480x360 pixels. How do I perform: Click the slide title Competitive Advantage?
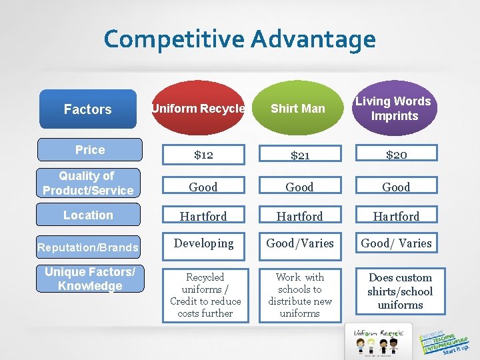(x=239, y=39)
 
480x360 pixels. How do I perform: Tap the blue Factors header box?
(x=87, y=109)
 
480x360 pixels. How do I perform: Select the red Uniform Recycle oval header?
(x=198, y=109)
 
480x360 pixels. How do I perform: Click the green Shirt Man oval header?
(x=298, y=109)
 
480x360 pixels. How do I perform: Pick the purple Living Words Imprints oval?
(x=393, y=109)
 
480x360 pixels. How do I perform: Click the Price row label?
(x=90, y=150)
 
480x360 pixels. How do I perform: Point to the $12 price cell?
(x=203, y=155)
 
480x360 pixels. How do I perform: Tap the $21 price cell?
(x=299, y=155)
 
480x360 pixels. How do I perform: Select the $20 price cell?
(x=396, y=155)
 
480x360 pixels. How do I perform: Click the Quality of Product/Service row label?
(x=88, y=183)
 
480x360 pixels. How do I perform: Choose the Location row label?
(x=88, y=215)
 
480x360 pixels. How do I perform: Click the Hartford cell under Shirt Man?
(x=299, y=216)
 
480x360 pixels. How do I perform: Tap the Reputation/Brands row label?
(x=88, y=247)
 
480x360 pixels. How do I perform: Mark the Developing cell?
(x=203, y=243)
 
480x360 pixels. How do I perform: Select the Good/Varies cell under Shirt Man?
(x=299, y=243)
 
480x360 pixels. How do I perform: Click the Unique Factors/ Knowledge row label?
(x=90, y=279)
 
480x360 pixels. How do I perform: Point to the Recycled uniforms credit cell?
(x=205, y=295)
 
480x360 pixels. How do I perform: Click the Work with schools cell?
(x=299, y=295)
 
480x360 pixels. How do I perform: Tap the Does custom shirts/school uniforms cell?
(x=400, y=291)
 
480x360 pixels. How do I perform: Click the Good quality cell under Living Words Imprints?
(x=396, y=187)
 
